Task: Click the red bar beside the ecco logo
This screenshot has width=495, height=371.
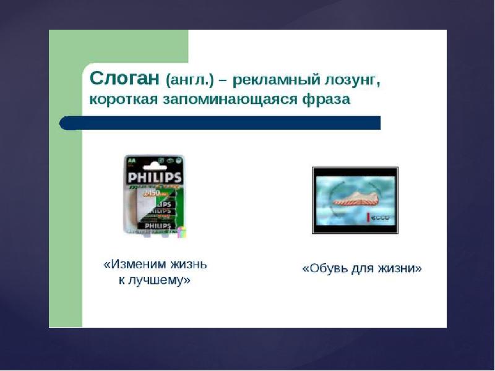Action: point(369,218)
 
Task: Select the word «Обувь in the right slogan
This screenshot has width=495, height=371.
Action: point(322,269)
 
